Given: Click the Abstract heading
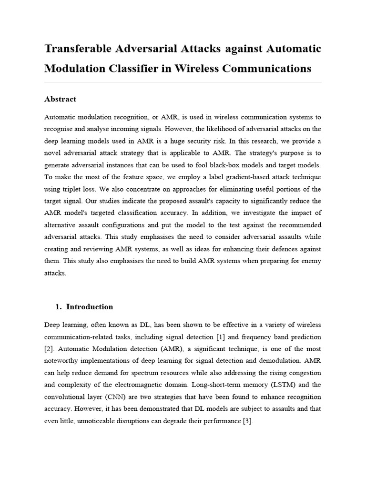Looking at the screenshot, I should [x=60, y=99].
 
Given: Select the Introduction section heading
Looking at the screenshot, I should [x=90, y=307].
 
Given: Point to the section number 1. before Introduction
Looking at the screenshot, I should [x=60, y=307].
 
